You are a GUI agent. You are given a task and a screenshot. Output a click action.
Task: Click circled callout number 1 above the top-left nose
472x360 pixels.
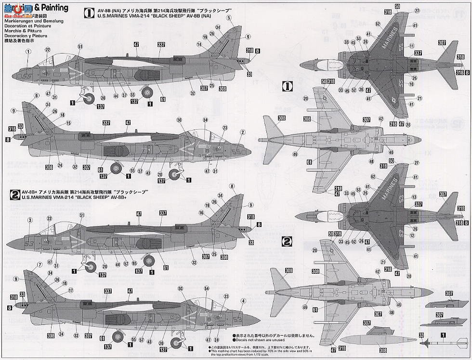coord(28,58)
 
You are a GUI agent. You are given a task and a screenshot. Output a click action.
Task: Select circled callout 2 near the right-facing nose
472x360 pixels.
coord(243,132)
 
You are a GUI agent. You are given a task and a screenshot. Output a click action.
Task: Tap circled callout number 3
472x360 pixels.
coord(30,220)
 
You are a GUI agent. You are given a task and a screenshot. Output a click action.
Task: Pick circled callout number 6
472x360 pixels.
coord(37,96)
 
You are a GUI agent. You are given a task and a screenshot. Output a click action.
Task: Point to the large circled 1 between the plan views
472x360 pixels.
coord(287,87)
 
